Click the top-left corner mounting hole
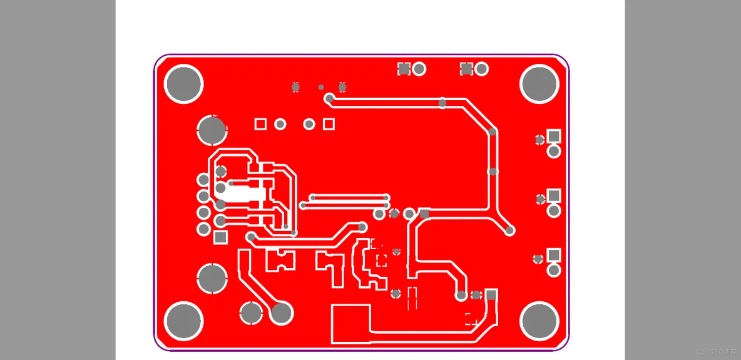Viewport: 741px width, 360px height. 183,83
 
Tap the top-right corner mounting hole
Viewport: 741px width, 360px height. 539,83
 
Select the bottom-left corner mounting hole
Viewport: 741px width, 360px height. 183,321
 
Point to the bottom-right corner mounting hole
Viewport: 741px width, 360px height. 539,321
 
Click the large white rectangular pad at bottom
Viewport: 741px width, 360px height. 350,323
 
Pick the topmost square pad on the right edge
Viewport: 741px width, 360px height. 554,136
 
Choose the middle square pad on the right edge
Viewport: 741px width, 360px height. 554,196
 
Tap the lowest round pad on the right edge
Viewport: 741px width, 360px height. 554,270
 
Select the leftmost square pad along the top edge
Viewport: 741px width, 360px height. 404,68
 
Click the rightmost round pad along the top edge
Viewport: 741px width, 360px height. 481,68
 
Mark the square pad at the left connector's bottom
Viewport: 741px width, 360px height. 220,237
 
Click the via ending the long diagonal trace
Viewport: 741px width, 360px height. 510,230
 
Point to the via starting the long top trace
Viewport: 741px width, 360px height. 329,98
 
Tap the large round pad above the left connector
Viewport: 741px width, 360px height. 212,130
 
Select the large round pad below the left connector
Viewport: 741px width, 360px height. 212,278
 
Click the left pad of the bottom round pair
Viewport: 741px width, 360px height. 252,312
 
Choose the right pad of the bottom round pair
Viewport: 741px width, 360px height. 282,312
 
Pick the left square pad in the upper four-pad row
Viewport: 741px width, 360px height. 260,124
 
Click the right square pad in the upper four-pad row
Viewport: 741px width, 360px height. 329,124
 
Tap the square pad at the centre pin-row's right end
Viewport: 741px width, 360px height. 424,213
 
